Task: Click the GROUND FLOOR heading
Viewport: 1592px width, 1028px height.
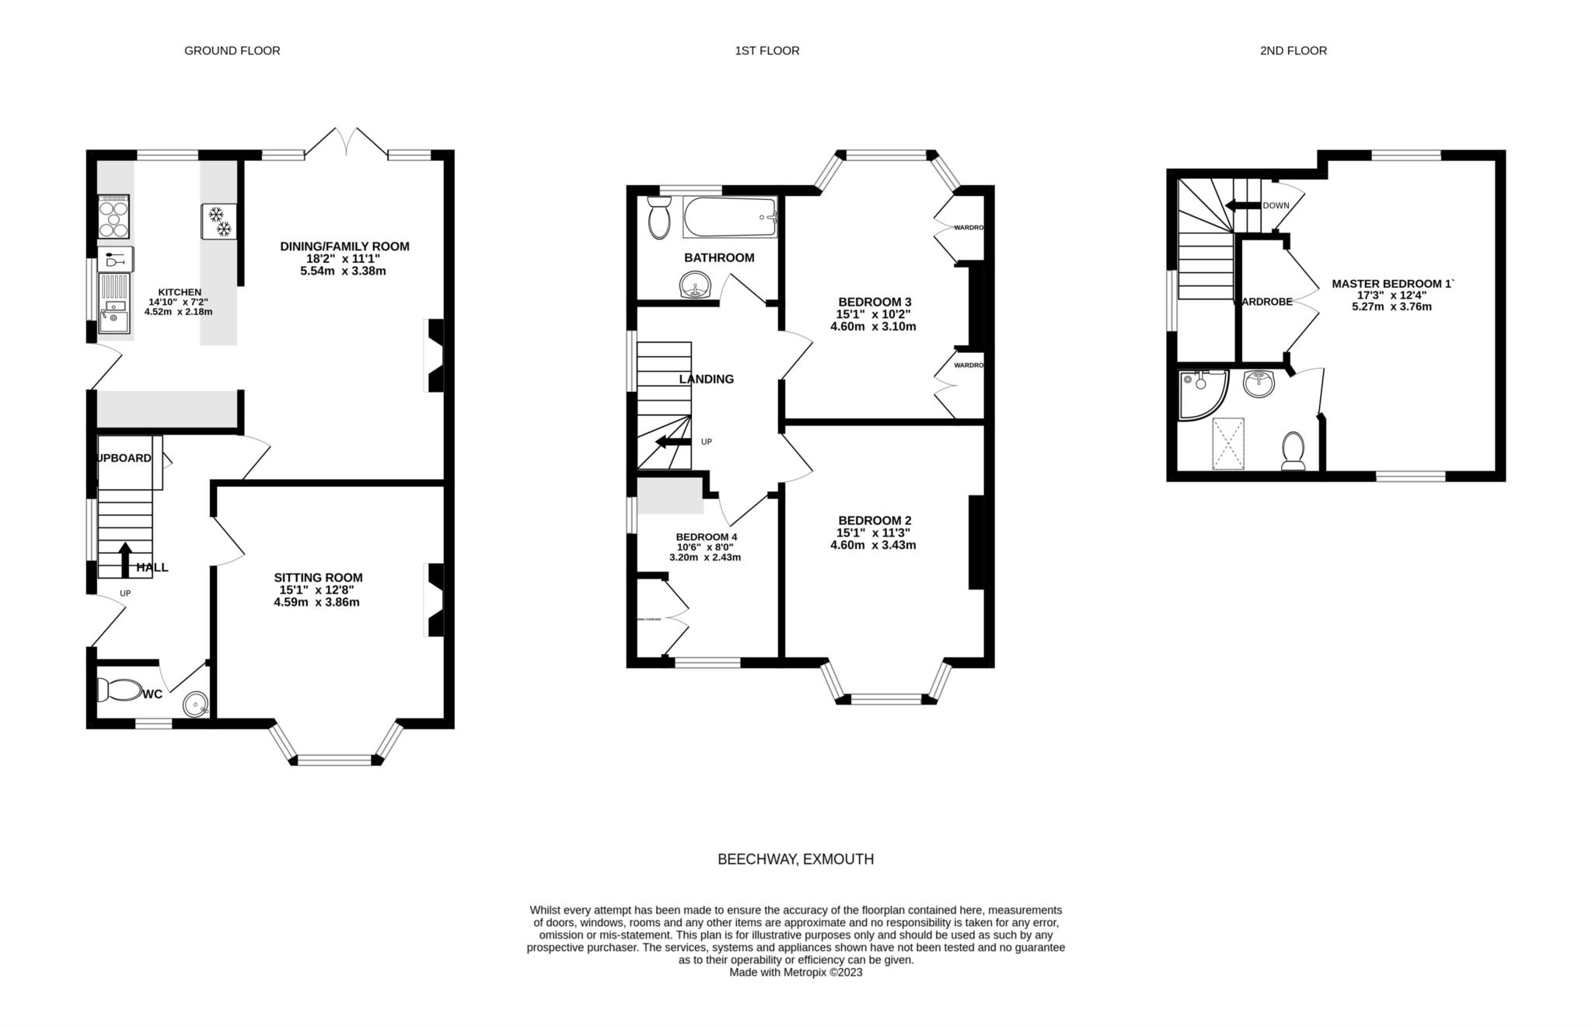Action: click(x=232, y=51)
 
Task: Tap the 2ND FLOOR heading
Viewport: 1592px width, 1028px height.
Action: click(x=1293, y=51)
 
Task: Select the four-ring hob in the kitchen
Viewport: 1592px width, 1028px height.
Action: click(x=113, y=217)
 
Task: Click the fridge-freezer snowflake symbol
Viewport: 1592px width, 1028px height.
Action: click(x=218, y=222)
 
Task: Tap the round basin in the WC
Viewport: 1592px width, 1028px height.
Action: click(x=196, y=705)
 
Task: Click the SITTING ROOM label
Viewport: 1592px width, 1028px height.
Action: click(x=318, y=578)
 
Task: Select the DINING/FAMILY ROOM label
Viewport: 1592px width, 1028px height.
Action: click(x=344, y=247)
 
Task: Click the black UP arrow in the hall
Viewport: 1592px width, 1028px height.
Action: click(x=124, y=560)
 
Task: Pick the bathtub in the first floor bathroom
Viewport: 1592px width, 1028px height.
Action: click(x=729, y=217)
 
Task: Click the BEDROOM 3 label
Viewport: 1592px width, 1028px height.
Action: click(x=875, y=302)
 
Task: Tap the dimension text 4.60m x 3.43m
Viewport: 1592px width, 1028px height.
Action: click(x=873, y=545)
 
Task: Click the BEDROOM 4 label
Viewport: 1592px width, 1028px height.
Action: click(x=706, y=537)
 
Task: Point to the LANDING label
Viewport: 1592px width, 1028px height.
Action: click(x=706, y=379)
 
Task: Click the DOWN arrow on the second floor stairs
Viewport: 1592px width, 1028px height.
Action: click(x=1242, y=205)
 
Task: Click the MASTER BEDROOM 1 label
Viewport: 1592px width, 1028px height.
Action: click(x=1391, y=284)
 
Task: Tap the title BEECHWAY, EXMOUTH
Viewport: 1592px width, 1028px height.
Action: click(x=795, y=859)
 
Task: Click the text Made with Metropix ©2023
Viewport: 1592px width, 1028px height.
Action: click(x=795, y=972)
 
